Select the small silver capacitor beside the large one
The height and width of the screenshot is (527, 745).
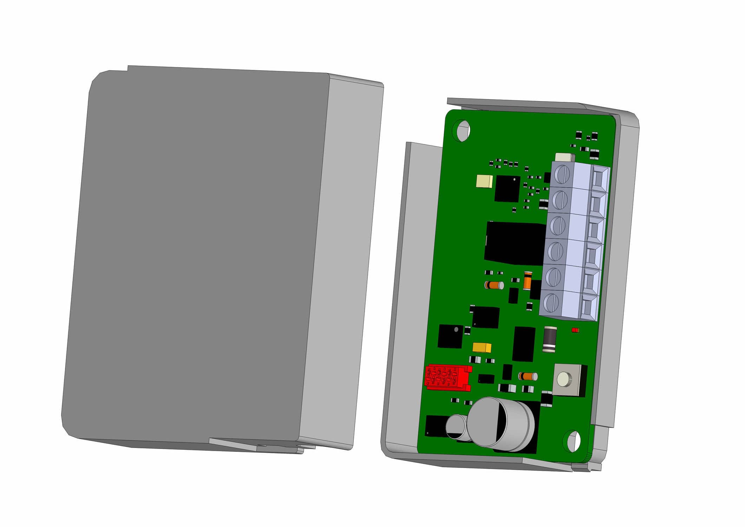point(456,427)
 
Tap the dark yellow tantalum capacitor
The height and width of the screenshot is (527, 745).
point(482,347)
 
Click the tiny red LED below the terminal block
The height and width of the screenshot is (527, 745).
point(575,330)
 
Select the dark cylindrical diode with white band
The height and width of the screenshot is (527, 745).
point(550,339)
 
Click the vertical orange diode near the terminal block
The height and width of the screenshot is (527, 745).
point(528,280)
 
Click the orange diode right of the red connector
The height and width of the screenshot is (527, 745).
point(528,376)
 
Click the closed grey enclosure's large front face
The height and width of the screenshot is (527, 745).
point(197,256)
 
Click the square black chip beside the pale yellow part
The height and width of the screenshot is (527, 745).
point(507,189)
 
